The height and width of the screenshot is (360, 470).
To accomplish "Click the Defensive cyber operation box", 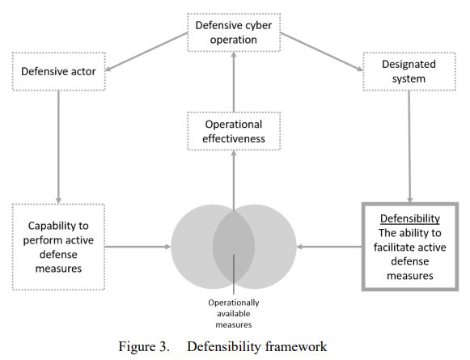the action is point(234,32).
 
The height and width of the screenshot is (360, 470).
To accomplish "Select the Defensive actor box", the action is point(59,71).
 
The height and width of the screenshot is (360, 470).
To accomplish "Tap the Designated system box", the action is point(409,71).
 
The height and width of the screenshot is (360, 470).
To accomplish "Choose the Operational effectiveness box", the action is point(234,131).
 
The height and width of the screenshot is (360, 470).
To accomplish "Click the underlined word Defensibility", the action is point(410,218).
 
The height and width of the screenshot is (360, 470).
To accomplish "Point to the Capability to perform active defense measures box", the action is point(58,247).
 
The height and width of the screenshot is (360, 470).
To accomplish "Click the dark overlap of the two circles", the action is point(234,247).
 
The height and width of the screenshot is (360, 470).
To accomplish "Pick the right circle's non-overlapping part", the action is point(276,247).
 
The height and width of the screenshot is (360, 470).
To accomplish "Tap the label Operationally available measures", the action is point(234,314).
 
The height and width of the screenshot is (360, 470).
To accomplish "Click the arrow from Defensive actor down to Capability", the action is point(58,147).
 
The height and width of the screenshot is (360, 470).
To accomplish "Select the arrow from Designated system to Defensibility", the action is point(409,146).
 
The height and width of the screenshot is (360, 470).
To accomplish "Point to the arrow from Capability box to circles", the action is point(138,247).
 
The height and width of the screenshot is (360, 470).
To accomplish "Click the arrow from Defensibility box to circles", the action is point(329,247).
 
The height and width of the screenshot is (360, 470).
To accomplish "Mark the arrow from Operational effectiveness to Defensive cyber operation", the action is point(234,82).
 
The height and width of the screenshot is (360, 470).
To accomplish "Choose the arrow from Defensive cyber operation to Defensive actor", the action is point(146,52).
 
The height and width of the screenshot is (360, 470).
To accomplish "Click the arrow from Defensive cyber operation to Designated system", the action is point(322,52).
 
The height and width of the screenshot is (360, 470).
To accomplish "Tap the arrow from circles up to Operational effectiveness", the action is point(234,180).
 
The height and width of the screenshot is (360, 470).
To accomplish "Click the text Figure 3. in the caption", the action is point(144,347).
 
